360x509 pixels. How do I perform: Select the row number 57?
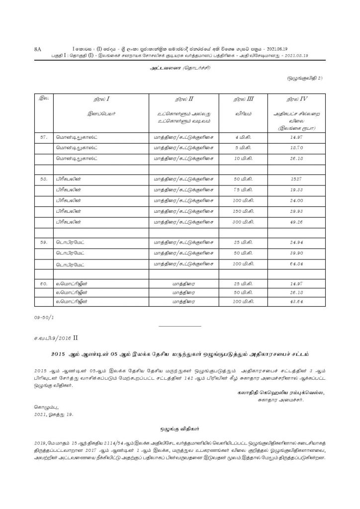44,136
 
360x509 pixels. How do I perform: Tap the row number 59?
44,242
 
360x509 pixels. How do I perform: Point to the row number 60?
44,283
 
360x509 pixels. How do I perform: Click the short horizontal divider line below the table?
180,326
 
